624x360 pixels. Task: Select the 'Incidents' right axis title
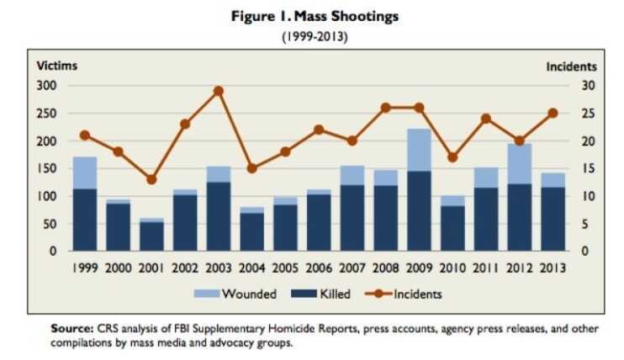click(x=571, y=66)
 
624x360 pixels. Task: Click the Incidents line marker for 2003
click(x=218, y=91)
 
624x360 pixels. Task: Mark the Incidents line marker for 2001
click(x=151, y=179)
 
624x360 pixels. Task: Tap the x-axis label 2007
click(x=352, y=267)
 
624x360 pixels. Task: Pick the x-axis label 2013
click(x=552, y=267)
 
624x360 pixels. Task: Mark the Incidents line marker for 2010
click(x=452, y=157)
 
